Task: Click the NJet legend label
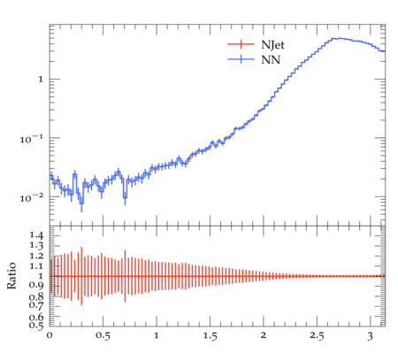[272, 45]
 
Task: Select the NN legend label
[271, 60]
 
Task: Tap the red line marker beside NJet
[241, 44]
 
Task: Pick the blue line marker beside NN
[241, 59]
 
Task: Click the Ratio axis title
[11, 276]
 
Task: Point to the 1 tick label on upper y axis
[41, 80]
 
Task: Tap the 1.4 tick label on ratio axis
[36, 235]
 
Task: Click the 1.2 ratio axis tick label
[36, 256]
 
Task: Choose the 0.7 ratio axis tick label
[36, 304]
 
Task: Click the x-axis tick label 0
[50, 335]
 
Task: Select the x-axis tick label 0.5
[103, 336]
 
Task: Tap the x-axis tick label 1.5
[210, 336]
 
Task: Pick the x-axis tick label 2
[264, 335]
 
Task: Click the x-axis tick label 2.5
[317, 336]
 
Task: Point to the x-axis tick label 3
[371, 336]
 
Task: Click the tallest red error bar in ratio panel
[81, 276]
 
